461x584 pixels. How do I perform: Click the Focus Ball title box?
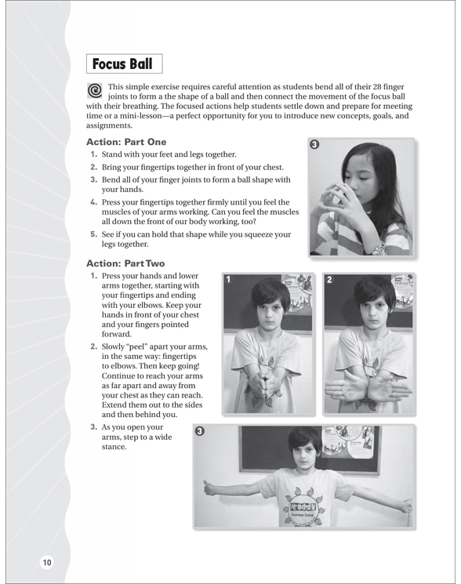(x=125, y=63)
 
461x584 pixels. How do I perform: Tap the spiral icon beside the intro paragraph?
(x=95, y=90)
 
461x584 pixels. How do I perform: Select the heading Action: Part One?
(x=126, y=142)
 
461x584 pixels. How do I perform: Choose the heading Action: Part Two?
(x=125, y=263)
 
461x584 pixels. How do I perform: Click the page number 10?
(x=47, y=562)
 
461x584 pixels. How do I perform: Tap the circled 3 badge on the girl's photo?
(x=314, y=144)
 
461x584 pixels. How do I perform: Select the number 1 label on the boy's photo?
(x=228, y=279)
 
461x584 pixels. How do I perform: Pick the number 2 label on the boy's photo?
(x=329, y=279)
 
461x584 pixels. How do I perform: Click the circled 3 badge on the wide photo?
(x=200, y=431)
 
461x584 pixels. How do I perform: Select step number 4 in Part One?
(x=93, y=202)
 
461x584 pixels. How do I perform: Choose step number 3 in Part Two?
(x=93, y=427)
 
